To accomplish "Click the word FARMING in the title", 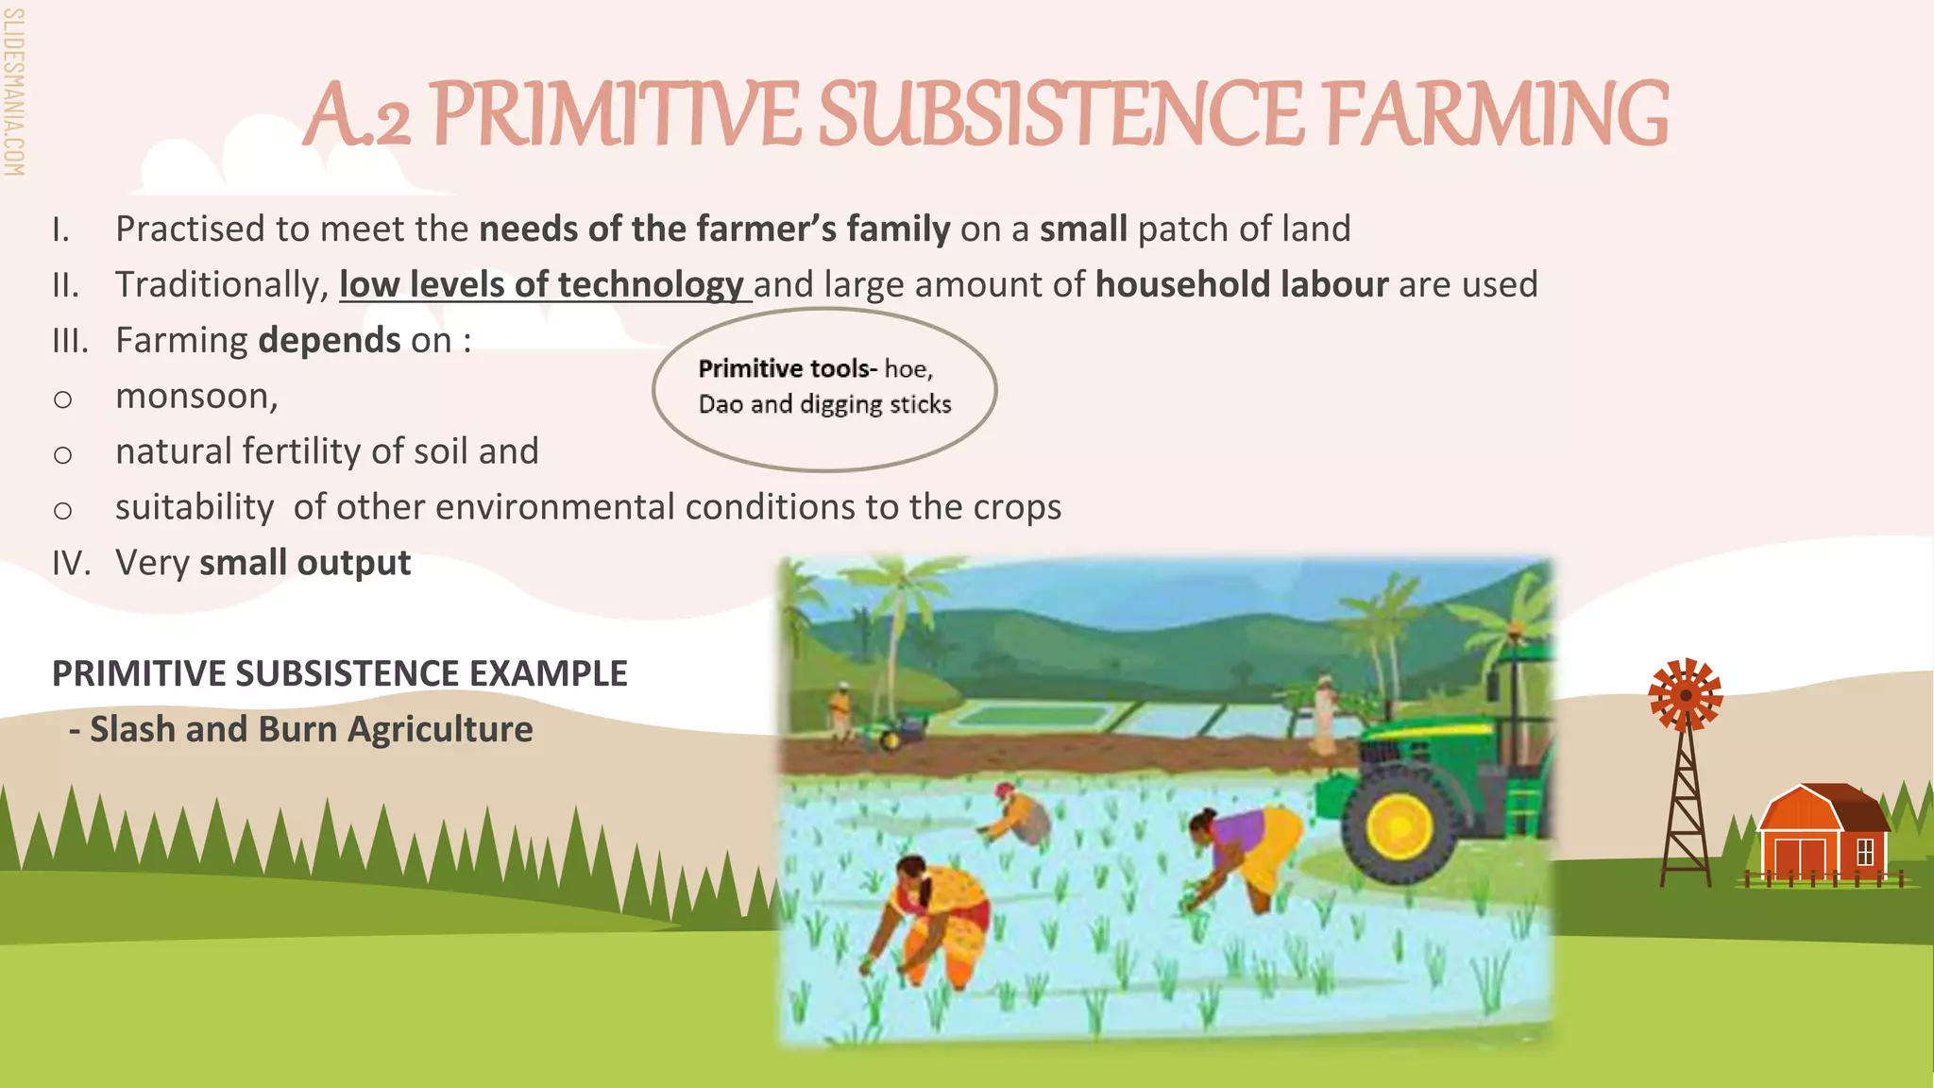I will [1496, 115].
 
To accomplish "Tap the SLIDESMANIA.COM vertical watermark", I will [13, 93].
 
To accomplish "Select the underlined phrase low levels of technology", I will [542, 284].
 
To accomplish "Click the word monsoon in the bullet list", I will [195, 397].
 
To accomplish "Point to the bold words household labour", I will [1241, 284].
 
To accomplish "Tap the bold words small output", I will [304, 563].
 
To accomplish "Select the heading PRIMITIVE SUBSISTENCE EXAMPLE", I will [339, 674].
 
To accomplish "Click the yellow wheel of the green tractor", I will [1399, 824].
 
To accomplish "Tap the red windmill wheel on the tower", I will [1685, 695].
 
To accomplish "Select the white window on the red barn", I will [1864, 852].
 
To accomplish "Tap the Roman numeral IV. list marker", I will [71, 564].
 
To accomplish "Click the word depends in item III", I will [329, 341].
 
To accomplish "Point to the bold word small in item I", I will [1082, 229].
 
